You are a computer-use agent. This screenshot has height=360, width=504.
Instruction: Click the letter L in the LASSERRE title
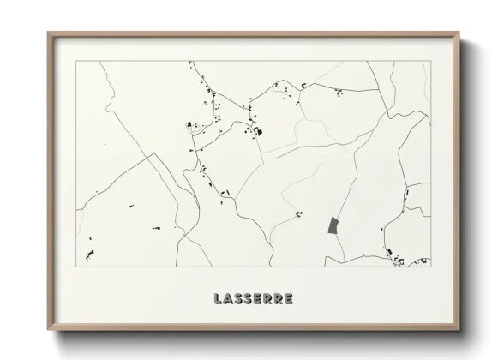[x=216, y=299]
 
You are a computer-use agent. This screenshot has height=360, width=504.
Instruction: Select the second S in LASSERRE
[x=247, y=299]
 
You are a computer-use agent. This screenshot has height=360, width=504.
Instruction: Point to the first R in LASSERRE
[x=267, y=299]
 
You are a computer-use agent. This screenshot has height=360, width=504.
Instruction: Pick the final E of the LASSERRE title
[x=289, y=299]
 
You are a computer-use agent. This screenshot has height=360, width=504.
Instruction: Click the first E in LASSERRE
[x=257, y=299]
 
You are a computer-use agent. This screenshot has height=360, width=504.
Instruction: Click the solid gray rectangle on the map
[x=333, y=225]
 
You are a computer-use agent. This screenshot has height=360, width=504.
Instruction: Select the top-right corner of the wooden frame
[x=459, y=33]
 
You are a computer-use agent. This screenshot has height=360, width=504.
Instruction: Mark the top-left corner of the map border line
[x=76, y=62]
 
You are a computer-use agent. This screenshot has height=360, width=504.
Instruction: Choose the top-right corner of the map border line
[x=429, y=62]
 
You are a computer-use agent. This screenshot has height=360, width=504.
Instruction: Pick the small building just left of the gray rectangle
[x=298, y=213]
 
